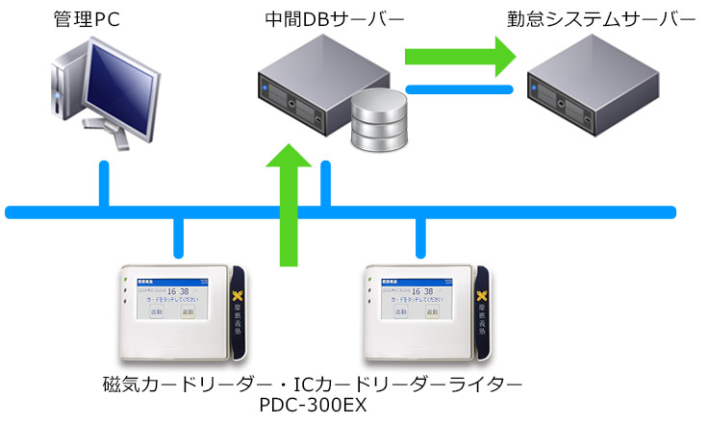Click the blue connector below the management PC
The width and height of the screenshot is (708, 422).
tap(103, 183)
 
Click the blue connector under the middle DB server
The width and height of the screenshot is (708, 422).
tap(326, 183)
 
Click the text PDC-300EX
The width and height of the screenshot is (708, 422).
tap(314, 405)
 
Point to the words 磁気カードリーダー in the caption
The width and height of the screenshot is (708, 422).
tap(189, 384)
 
